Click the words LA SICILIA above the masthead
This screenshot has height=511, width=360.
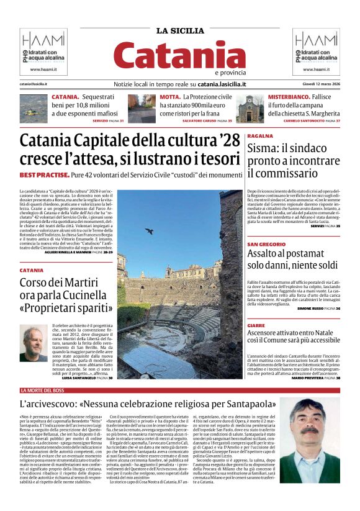179,30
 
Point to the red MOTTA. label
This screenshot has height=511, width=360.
170,97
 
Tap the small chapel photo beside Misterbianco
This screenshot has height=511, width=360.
250,108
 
